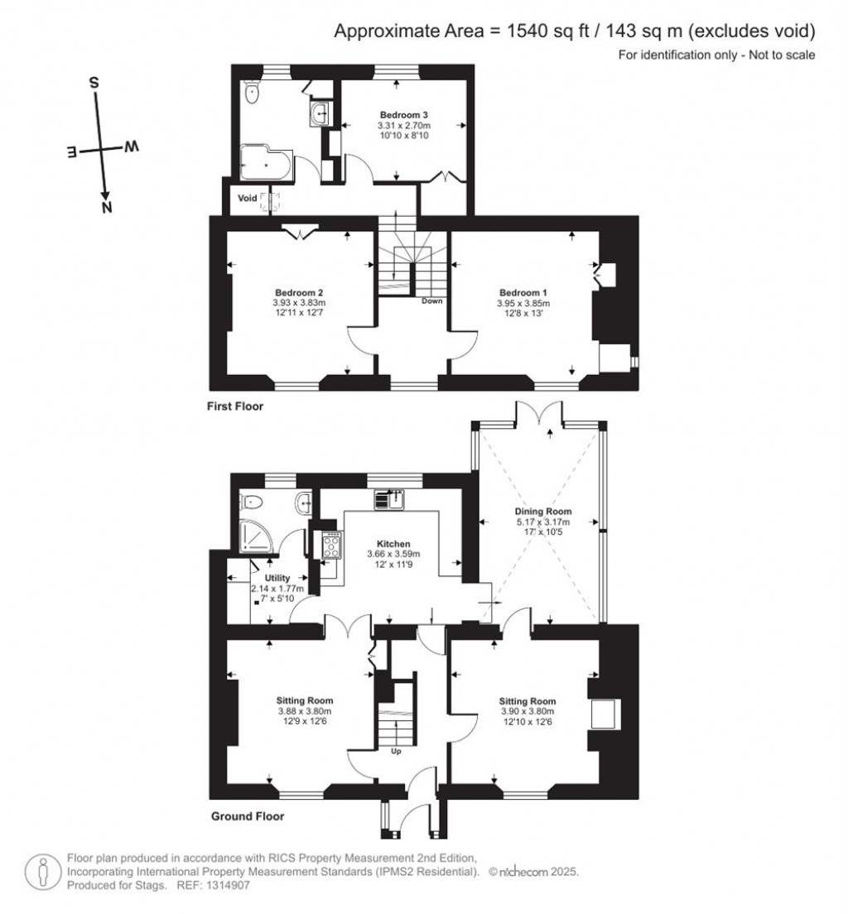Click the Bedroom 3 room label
(x=403, y=114)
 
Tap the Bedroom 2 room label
(x=298, y=293)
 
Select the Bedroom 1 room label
(x=523, y=293)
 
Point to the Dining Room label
(x=542, y=512)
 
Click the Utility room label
(x=277, y=578)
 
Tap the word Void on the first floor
(x=248, y=199)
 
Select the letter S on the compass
(x=94, y=83)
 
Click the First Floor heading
(x=236, y=406)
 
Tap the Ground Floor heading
(x=248, y=816)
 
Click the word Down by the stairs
(x=431, y=301)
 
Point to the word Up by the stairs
(x=396, y=753)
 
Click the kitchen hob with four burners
(x=332, y=544)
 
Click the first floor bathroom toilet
(x=252, y=94)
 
